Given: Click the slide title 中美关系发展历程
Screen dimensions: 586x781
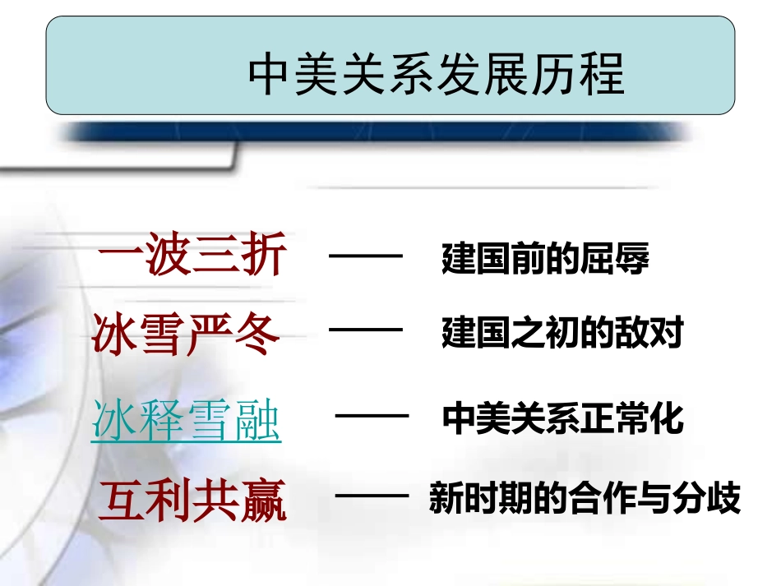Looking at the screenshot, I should pyautogui.click(x=436, y=76).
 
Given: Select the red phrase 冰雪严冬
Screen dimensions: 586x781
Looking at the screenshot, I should pyautogui.click(x=187, y=334).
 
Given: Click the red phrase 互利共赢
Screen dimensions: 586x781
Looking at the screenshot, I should pyautogui.click(x=193, y=501).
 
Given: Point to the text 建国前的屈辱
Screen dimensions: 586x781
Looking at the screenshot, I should pyautogui.click(x=545, y=259).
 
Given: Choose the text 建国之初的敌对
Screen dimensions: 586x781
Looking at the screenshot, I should pyautogui.click(x=562, y=335).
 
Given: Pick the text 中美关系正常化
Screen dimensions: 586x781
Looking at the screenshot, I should pyautogui.click(x=562, y=419).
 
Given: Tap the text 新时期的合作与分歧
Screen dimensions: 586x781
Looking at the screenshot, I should pyautogui.click(x=585, y=499).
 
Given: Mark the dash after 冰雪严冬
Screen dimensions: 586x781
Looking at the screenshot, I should pyautogui.click(x=366, y=332).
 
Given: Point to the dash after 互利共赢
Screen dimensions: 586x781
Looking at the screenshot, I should pyautogui.click(x=373, y=496).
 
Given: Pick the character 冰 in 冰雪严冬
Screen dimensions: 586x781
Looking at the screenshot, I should pyautogui.click(x=115, y=334).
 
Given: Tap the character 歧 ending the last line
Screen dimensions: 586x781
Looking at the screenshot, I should pyautogui.click(x=724, y=499).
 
